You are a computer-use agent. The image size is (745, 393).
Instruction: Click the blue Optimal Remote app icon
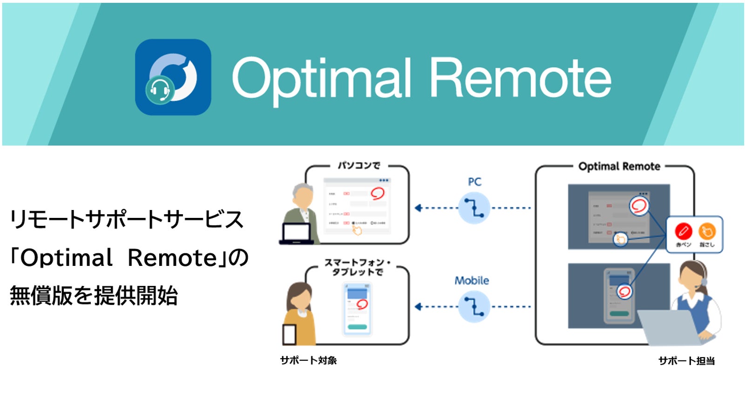(x=173, y=77)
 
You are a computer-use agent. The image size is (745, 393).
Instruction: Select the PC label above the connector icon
(x=474, y=182)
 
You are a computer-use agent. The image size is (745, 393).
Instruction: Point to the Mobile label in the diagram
(x=472, y=281)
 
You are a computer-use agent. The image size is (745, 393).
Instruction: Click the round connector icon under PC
(x=474, y=208)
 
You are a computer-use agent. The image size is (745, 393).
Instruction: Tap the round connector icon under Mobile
(x=474, y=307)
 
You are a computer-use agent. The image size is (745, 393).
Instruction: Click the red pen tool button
(x=683, y=231)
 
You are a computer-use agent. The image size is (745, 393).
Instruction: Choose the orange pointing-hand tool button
(x=706, y=231)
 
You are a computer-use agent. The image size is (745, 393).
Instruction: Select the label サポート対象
(x=308, y=360)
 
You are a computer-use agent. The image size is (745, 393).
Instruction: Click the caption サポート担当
(x=686, y=361)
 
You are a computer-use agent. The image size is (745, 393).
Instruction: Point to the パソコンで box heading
(x=359, y=165)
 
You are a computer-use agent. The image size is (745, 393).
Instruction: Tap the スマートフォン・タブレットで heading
(x=358, y=267)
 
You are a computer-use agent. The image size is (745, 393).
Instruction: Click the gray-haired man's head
(x=303, y=196)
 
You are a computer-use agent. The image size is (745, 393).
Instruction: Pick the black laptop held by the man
(x=296, y=234)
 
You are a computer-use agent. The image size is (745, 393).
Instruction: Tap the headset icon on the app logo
(x=160, y=90)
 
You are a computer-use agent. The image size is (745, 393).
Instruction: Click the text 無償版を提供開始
(x=94, y=296)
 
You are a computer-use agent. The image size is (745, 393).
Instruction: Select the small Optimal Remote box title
(x=619, y=167)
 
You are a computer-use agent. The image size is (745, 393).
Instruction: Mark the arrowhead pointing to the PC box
(x=418, y=208)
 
